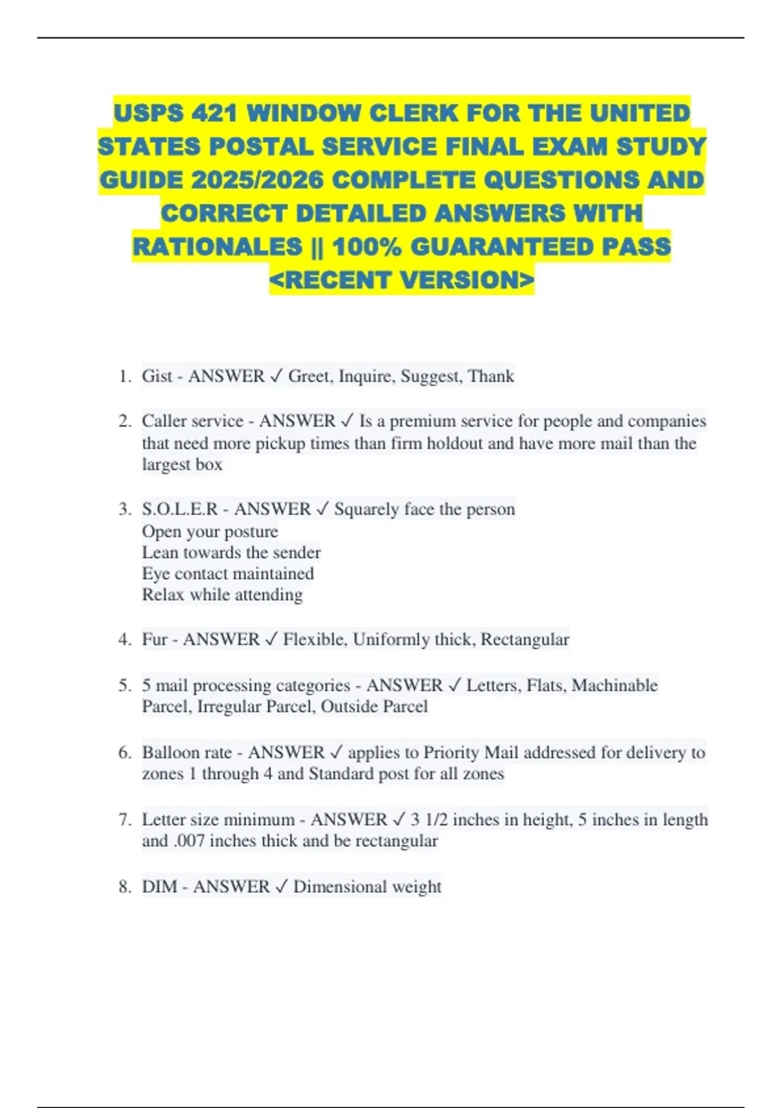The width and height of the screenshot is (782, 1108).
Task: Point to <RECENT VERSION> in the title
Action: [x=401, y=280]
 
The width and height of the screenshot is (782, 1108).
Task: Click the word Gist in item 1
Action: [x=157, y=376]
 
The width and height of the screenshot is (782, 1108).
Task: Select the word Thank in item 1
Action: [x=491, y=376]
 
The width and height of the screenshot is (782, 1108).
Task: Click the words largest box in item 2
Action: [x=182, y=465]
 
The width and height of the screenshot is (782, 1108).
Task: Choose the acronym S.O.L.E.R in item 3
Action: [x=179, y=509]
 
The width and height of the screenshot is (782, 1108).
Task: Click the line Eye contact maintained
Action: [x=227, y=574]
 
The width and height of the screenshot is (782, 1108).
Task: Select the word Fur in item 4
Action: [x=154, y=639]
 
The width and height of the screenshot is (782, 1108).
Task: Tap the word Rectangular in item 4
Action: [x=525, y=639]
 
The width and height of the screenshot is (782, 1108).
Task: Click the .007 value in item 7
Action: [x=190, y=841]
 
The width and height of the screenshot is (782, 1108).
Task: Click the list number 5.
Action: [x=124, y=686]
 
